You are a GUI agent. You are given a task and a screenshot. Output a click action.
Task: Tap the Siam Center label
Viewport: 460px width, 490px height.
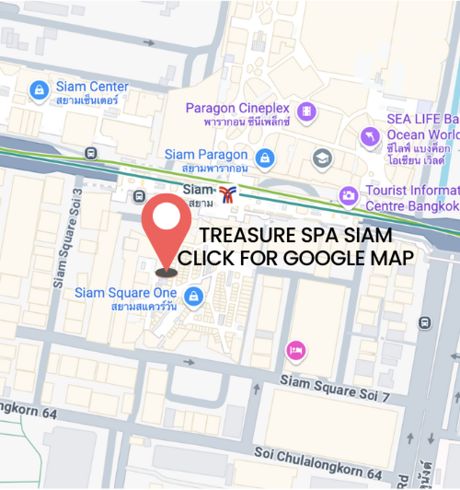tap(92, 87)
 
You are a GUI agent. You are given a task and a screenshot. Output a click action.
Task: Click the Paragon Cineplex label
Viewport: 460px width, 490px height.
tap(237, 109)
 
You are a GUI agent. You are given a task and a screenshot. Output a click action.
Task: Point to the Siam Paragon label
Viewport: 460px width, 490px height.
tap(206, 155)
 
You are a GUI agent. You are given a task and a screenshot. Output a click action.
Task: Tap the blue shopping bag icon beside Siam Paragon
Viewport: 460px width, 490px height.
tap(265, 157)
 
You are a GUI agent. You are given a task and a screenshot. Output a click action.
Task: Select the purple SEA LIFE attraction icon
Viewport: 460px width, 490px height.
tap(370, 137)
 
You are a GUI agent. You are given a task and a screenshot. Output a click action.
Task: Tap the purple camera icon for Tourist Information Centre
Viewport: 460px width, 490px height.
tap(349, 195)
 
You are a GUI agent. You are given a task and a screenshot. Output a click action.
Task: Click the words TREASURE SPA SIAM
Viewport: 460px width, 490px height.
tap(296, 235)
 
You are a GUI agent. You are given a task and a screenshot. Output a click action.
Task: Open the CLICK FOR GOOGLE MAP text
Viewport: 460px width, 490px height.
tap(296, 258)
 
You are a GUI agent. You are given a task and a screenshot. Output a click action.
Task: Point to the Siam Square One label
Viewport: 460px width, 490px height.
tap(126, 293)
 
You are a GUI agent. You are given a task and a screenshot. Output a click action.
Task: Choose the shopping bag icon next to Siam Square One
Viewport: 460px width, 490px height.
tap(194, 296)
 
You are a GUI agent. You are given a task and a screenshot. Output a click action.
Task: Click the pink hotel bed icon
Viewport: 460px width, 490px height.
tap(296, 351)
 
